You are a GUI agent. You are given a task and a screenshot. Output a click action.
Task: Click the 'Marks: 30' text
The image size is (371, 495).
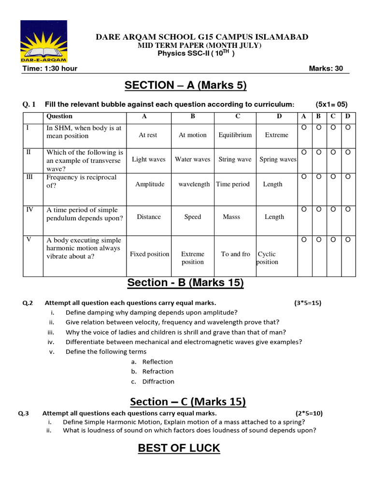coord(326,68)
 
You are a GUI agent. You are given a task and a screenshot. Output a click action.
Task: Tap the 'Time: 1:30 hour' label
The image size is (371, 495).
coord(50,68)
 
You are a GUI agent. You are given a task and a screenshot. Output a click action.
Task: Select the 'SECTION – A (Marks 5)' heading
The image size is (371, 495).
coord(185,86)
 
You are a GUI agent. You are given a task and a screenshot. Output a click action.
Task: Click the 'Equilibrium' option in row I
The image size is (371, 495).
coord(235,135)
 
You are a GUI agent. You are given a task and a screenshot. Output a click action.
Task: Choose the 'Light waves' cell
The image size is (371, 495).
coord(148,160)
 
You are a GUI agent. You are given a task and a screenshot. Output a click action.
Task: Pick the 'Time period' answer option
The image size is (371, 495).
coord(233,184)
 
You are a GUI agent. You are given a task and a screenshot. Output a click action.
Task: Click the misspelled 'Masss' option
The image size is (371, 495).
coord(231,217)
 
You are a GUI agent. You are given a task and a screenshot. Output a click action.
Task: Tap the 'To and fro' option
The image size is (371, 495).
coord(235,254)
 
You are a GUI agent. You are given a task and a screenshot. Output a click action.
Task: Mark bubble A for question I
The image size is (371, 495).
coord(304,127)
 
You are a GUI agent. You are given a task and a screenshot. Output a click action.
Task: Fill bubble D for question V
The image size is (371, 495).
coord(348,239)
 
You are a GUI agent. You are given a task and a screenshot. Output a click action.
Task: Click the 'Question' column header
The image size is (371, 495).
coord(59,116)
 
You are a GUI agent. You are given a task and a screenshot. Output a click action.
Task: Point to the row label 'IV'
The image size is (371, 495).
coord(30,209)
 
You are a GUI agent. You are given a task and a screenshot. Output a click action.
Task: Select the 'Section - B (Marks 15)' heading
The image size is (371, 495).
coord(185,283)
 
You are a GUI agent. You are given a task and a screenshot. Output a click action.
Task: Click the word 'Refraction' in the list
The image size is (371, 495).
coord(158,372)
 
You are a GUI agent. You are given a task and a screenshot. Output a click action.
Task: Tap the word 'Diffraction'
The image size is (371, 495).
coord(158,381)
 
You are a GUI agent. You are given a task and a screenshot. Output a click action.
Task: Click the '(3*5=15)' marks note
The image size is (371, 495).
coord(308,303)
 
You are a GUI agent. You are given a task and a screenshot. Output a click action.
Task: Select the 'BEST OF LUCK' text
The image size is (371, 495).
coord(179,448)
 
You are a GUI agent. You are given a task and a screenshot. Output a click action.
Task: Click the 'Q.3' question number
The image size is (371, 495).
coord(24,413)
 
